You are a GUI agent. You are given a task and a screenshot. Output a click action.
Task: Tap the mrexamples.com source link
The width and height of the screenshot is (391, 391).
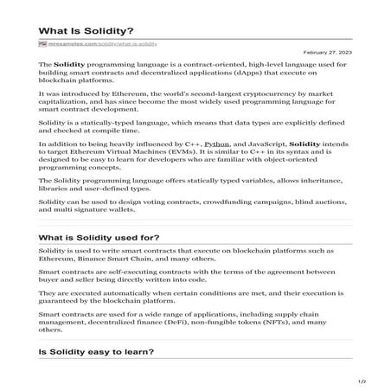tap(107, 42)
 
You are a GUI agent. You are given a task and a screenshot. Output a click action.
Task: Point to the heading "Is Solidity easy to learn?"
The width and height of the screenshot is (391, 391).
tap(96, 354)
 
